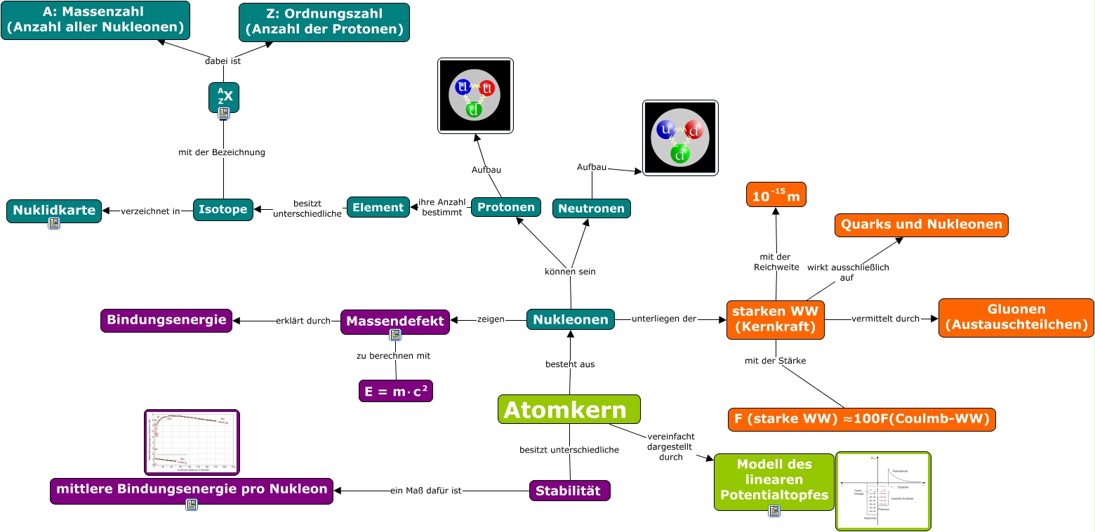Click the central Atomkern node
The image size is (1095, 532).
[569, 409]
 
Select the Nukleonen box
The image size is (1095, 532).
[570, 319]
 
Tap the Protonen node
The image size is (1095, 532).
[505, 207]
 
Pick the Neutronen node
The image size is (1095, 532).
[591, 208]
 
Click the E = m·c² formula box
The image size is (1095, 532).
[395, 390]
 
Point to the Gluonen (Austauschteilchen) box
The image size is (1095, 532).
[1016, 317]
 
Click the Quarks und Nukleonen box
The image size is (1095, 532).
[921, 225]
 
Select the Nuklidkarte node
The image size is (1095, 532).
[53, 209]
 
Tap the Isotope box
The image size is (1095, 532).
[223, 208]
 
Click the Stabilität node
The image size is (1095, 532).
[569, 491]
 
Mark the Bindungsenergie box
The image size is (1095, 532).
[166, 320]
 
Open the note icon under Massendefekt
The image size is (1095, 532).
[395, 335]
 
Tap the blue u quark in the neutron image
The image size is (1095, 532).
[664, 130]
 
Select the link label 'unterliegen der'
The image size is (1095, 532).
[663, 319]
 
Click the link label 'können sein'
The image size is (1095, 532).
[570, 272]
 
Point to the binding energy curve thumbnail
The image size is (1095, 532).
[192, 441]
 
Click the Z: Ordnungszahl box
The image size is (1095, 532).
[324, 22]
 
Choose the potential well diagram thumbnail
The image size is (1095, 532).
[882, 491]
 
